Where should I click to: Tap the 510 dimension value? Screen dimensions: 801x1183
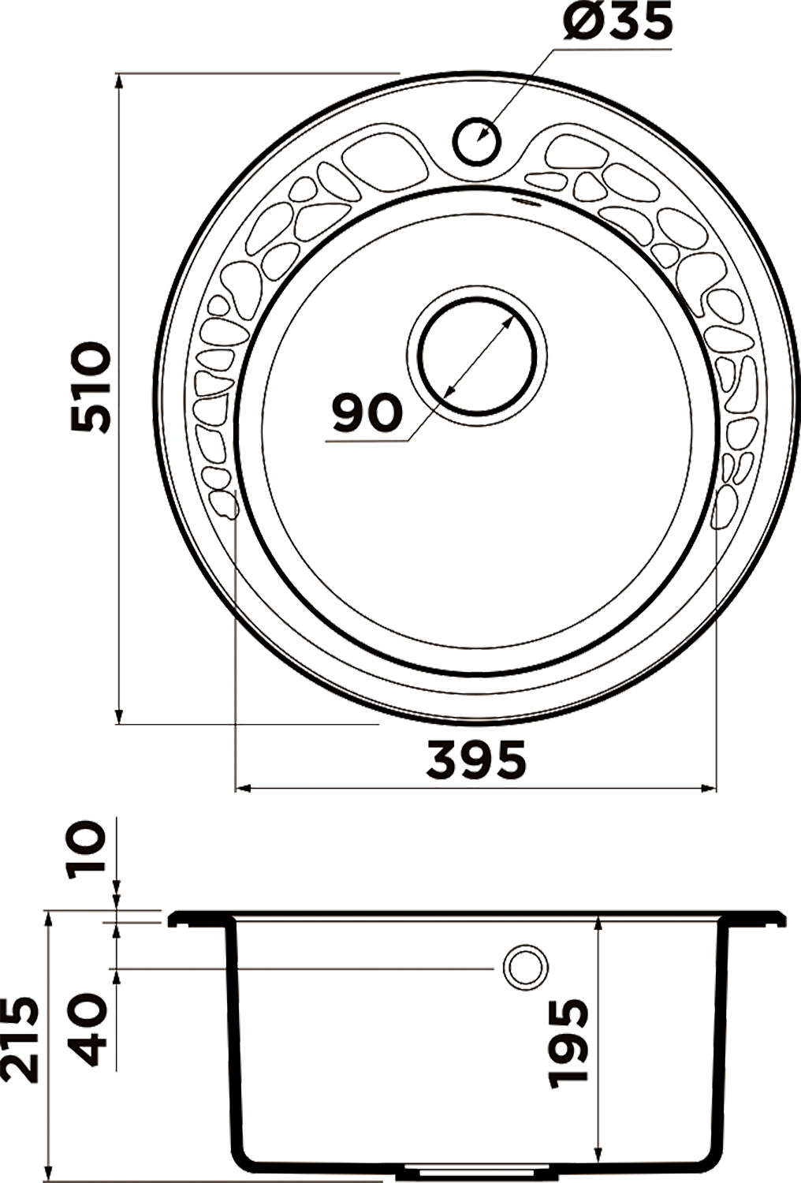91,387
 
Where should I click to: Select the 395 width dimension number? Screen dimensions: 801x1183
475,760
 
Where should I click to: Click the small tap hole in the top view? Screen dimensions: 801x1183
476,141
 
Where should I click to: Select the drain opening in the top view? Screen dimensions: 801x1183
477,355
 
